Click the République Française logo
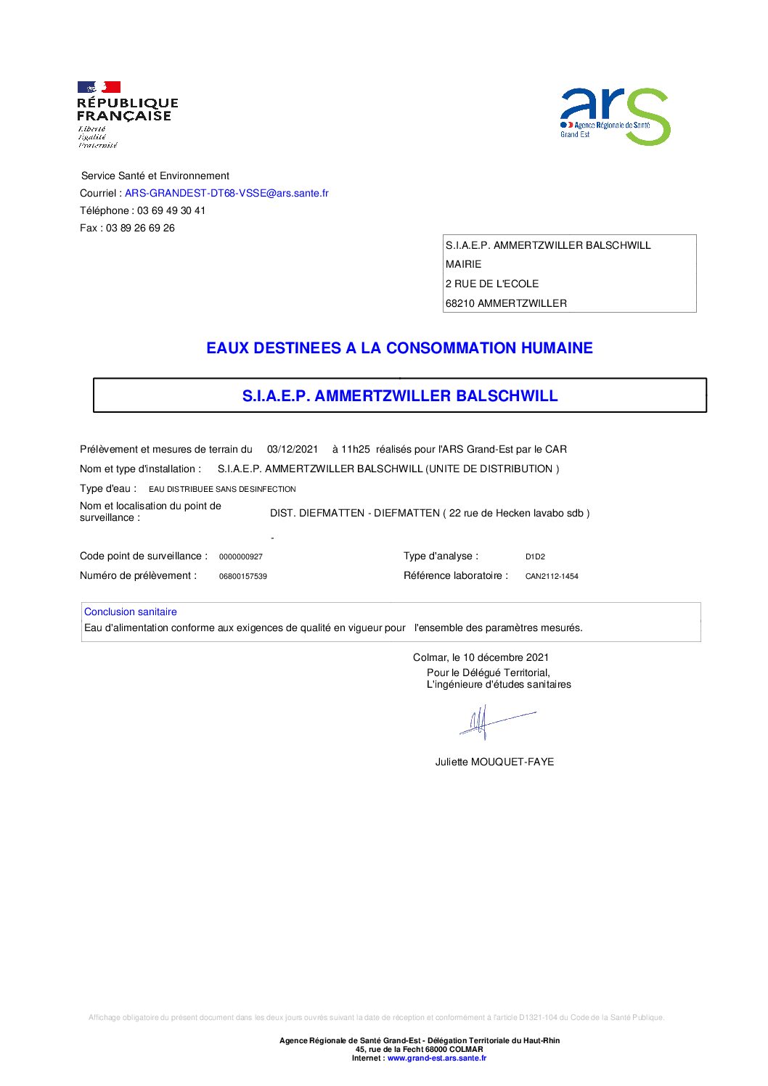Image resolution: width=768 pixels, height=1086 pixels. tap(126, 114)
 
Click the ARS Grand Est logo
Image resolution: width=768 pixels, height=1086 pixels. tap(615, 116)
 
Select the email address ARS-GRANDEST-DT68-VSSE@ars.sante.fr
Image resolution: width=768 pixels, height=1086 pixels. tap(226, 194)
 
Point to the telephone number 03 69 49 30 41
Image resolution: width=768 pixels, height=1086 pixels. tap(171, 211)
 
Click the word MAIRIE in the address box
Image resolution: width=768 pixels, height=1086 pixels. tap(463, 265)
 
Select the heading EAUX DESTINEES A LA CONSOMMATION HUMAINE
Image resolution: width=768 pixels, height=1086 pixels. tap(399, 348)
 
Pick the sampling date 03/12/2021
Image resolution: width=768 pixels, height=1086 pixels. tap(293, 450)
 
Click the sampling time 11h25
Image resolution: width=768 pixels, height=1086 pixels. tap(355, 450)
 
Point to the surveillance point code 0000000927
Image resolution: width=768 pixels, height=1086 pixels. tap(241, 557)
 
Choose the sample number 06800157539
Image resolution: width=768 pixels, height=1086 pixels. tap(243, 577)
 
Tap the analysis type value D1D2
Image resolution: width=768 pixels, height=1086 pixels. tap(535, 557)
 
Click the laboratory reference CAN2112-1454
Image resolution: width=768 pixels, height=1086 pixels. tap(552, 577)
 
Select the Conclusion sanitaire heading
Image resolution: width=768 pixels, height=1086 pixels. tap(131, 612)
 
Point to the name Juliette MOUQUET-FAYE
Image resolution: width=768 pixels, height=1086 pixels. tap(494, 762)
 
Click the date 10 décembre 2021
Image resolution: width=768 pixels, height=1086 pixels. tap(506, 658)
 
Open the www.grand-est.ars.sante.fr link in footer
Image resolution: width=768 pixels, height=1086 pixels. tap(437, 1058)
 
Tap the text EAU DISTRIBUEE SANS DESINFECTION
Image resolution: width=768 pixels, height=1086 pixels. tap(222, 490)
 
